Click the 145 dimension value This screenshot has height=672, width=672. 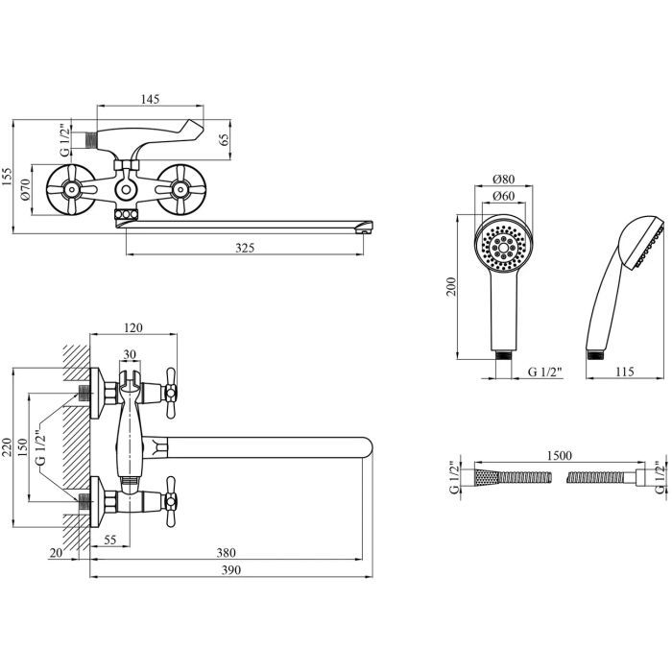(x=148, y=99)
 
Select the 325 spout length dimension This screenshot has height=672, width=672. (x=245, y=248)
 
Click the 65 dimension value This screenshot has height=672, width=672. (x=225, y=139)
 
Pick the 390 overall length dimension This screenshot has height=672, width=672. (x=229, y=569)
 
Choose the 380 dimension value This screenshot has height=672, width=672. (x=225, y=553)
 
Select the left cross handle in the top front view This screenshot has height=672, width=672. (x=73, y=189)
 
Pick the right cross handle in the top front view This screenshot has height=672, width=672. (x=179, y=189)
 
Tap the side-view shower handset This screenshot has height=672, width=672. (x=619, y=288)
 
